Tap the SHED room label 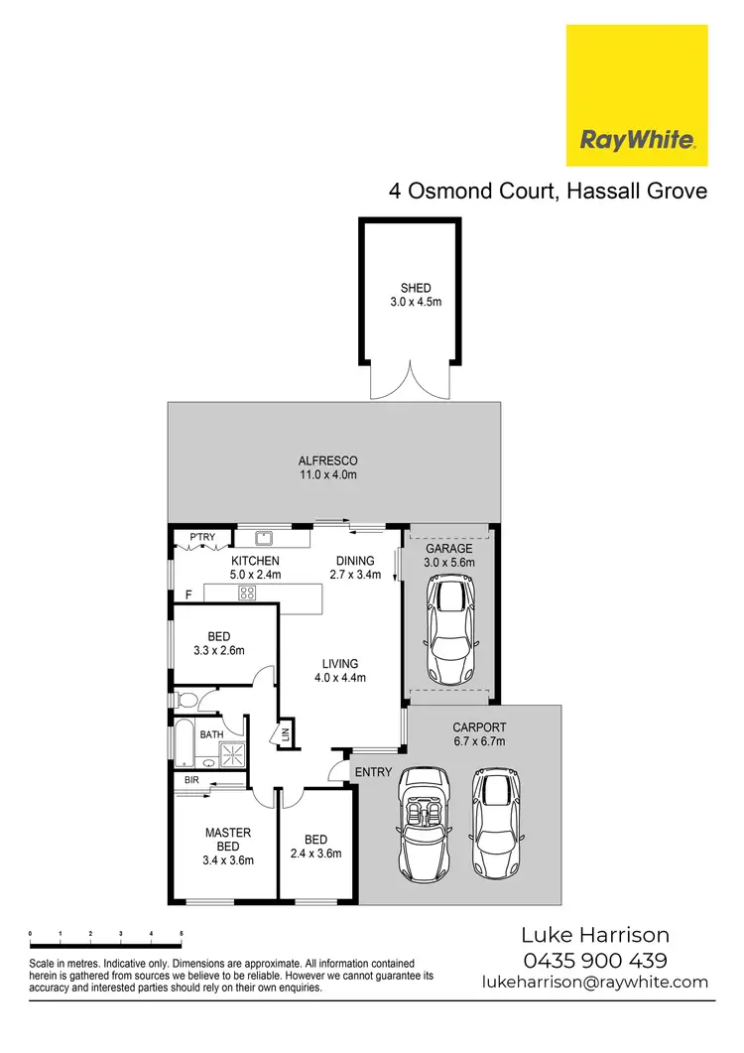click(410, 289)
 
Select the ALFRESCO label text click(327, 461)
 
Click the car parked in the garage click(449, 625)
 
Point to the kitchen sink click(264, 539)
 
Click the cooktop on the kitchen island click(246, 592)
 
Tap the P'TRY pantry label click(202, 538)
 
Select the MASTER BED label click(228, 833)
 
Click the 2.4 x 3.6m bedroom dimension click(315, 854)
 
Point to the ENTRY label click(373, 772)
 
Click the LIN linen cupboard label click(284, 735)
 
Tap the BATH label click(212, 734)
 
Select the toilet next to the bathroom click(186, 701)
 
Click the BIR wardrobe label click(192, 781)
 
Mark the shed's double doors click(410, 381)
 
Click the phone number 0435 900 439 click(595, 960)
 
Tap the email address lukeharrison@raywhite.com click(595, 982)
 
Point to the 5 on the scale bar click(182, 934)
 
